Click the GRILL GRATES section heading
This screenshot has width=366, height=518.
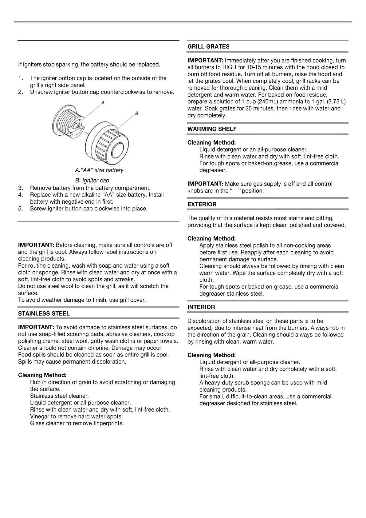coord(208,47)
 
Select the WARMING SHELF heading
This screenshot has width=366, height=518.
coord(212,129)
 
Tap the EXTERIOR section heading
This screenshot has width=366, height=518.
coord(202,205)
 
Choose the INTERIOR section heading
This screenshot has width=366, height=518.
coord(201,307)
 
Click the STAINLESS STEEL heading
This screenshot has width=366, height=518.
coord(44,314)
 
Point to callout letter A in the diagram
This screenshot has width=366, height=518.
coord(103,102)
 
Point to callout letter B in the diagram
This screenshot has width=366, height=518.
coord(137,114)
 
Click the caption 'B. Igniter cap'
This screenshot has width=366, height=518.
coord(92,181)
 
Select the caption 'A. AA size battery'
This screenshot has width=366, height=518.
coord(99,170)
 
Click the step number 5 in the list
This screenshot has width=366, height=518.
coord(21,209)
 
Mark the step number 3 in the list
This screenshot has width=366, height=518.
coord(21,188)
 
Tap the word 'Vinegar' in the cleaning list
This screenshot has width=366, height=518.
coord(40,417)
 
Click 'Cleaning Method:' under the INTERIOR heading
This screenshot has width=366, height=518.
coord(211,356)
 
